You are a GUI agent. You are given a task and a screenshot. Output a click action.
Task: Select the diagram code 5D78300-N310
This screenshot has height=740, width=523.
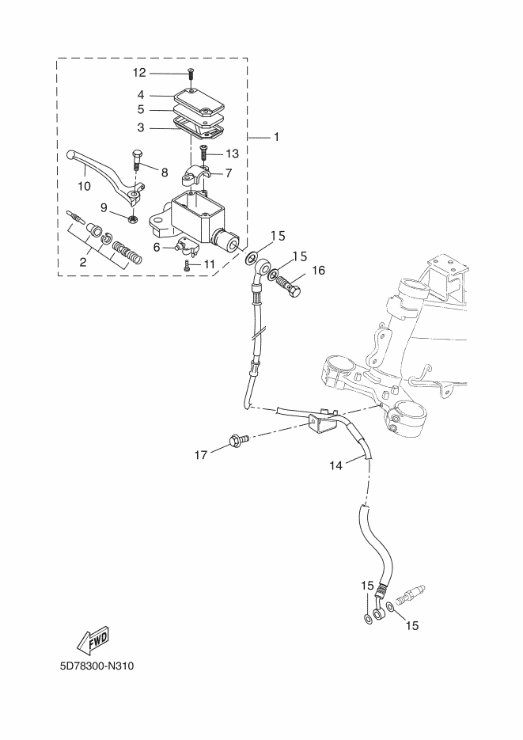pyautogui.click(x=97, y=666)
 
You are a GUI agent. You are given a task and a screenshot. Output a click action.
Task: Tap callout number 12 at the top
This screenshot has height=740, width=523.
pyautogui.click(x=139, y=73)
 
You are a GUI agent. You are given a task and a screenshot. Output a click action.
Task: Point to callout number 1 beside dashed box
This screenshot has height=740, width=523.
pyautogui.click(x=276, y=137)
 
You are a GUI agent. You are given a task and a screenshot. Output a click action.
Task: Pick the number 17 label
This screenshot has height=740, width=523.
pyautogui.click(x=201, y=455)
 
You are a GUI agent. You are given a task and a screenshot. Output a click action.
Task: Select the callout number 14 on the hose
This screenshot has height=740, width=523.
pyautogui.click(x=335, y=465)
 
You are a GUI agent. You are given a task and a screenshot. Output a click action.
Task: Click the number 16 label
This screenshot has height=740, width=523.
pyautogui.click(x=318, y=271)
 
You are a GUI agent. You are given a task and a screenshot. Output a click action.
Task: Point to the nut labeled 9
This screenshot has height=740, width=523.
pyautogui.click(x=134, y=218)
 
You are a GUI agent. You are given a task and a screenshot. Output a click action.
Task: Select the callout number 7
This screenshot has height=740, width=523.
pyautogui.click(x=228, y=173)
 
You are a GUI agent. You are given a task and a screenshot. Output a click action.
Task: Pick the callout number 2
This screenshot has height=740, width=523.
pyautogui.click(x=82, y=263)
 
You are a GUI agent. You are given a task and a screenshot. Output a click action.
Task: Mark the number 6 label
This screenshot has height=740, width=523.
pyautogui.click(x=157, y=247)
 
